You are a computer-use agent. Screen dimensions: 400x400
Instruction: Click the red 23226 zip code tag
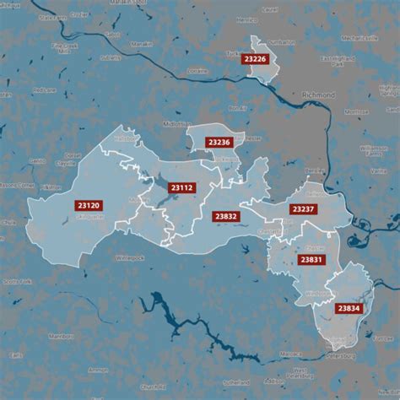click(254, 58)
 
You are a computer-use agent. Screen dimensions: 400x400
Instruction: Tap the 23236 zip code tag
click(218, 143)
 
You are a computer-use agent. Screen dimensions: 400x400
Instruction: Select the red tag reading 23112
click(181, 187)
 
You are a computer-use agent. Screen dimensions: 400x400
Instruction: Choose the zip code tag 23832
click(225, 216)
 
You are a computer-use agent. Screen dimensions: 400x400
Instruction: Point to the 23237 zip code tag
click(302, 208)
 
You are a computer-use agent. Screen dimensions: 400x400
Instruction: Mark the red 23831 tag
click(309, 260)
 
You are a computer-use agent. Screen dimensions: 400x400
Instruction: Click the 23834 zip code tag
click(348, 308)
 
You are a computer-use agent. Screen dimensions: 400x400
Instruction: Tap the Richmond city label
click(317, 96)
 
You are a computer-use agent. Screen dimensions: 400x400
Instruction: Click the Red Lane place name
click(43, 89)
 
